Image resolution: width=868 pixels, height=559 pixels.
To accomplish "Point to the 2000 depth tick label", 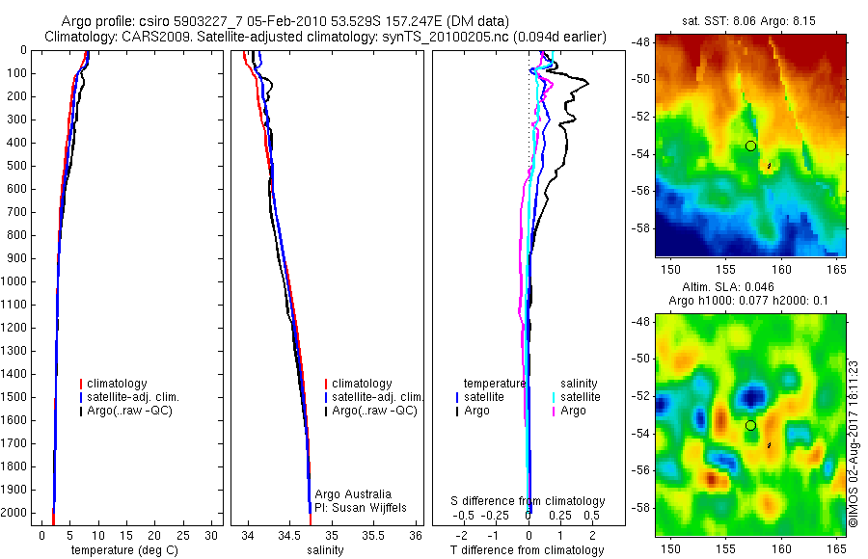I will pos(14,514).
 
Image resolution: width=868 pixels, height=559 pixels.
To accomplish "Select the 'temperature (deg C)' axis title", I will pos(122,550).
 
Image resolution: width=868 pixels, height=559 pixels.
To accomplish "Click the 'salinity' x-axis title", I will pos(325,550).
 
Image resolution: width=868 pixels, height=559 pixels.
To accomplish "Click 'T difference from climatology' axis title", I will pos(528,550).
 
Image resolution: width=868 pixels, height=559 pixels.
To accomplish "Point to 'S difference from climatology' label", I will pos(529,501).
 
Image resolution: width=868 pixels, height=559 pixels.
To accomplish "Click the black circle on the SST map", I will pos(750,146).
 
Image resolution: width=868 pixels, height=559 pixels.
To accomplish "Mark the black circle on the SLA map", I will pos(750,425).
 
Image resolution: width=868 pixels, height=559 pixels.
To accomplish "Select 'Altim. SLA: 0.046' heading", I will pos(749,288).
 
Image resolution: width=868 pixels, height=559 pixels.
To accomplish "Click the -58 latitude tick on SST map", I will pos(640,228).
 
